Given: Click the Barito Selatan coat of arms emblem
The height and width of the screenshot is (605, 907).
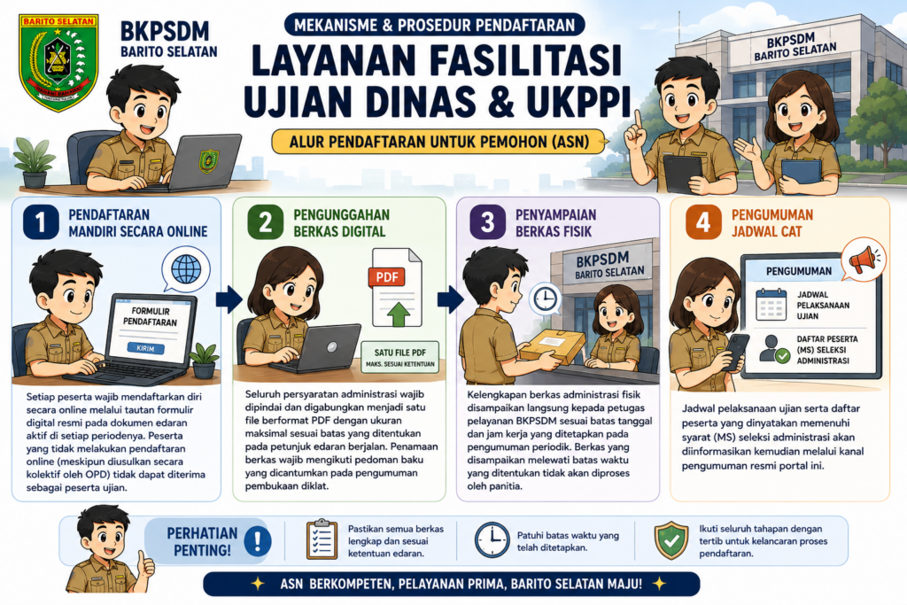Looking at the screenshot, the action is pyautogui.click(x=58, y=63).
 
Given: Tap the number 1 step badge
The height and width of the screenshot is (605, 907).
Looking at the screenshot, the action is pyautogui.click(x=41, y=222).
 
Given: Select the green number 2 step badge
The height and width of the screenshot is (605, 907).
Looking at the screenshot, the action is pyautogui.click(x=265, y=222).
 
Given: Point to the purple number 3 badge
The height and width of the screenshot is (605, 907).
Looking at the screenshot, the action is pyautogui.click(x=488, y=222).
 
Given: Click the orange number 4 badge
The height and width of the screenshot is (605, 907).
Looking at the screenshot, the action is pyautogui.click(x=702, y=222).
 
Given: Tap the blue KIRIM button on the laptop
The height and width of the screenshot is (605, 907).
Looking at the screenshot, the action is pyautogui.click(x=146, y=348).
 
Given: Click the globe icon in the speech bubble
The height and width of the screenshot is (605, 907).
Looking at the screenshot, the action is pyautogui.click(x=186, y=268).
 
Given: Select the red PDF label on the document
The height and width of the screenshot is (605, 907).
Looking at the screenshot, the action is pyautogui.click(x=387, y=277).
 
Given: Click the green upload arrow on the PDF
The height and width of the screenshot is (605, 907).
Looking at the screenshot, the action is pyautogui.click(x=399, y=314).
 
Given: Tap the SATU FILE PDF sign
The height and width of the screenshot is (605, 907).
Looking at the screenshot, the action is pyautogui.click(x=399, y=357).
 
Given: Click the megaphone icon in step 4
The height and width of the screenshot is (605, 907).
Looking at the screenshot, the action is pyautogui.click(x=864, y=260).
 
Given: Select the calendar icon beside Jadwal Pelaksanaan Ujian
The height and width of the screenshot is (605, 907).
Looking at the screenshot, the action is pyautogui.click(x=771, y=304).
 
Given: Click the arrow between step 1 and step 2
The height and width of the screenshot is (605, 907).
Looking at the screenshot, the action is pyautogui.click(x=229, y=299).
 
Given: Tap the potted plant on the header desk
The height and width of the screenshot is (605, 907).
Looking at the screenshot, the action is pyautogui.click(x=34, y=162).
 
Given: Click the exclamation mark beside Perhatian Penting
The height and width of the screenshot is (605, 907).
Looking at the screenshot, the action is pyautogui.click(x=257, y=541).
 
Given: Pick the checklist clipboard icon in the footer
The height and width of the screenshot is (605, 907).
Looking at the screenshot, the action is pyautogui.click(x=322, y=539).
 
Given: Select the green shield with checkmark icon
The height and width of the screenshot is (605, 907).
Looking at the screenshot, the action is pyautogui.click(x=671, y=540).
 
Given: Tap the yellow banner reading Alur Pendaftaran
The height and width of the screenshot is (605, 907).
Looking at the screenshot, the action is pyautogui.click(x=439, y=142).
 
